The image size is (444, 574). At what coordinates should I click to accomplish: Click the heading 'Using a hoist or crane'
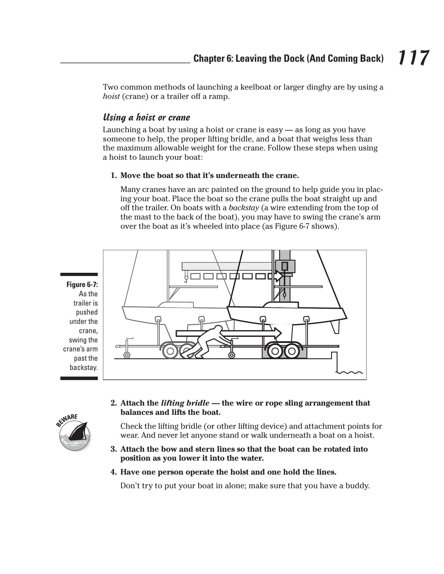click(147, 117)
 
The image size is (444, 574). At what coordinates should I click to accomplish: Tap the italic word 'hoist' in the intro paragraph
click(111, 97)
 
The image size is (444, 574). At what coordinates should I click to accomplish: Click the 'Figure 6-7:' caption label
click(82, 284)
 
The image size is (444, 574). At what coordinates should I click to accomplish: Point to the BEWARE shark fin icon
click(75, 434)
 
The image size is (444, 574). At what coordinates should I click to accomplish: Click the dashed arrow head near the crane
click(279, 276)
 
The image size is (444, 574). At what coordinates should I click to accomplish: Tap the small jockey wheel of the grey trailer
click(127, 355)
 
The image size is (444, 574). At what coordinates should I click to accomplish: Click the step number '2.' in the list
click(114, 403)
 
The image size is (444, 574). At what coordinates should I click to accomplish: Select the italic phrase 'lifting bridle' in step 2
click(185, 403)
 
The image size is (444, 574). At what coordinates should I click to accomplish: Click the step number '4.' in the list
click(114, 472)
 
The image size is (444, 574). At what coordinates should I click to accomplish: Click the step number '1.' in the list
click(114, 176)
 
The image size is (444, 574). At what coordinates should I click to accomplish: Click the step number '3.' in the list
click(114, 449)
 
